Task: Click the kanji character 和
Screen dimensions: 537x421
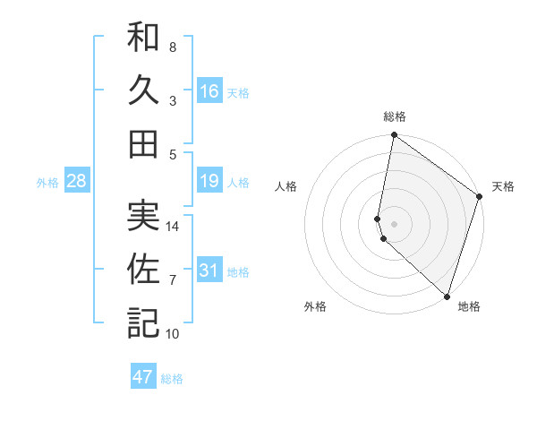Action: coord(143,38)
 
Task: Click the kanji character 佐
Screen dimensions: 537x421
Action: coord(143,270)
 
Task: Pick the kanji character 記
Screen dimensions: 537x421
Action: coord(143,322)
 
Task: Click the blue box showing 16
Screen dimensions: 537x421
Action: coord(209,90)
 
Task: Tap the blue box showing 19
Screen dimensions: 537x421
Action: coord(209,182)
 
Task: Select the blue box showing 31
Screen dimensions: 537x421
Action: coord(209,271)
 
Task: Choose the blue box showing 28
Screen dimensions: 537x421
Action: coord(77,182)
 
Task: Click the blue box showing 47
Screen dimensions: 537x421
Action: coord(143,377)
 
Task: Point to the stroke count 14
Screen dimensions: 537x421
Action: coord(174,227)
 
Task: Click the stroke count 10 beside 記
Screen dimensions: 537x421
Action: coord(173,334)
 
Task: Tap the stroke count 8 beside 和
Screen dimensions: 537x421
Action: coord(173,47)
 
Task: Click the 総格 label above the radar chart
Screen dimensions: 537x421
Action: coord(395,116)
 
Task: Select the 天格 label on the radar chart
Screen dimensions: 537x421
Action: coord(503,186)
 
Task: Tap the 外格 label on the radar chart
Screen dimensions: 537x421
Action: coord(315,306)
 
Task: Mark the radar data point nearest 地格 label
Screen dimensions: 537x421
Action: coord(447,296)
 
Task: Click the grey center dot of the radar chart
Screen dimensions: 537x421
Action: coord(395,221)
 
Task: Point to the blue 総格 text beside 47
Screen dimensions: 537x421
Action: coord(172,379)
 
